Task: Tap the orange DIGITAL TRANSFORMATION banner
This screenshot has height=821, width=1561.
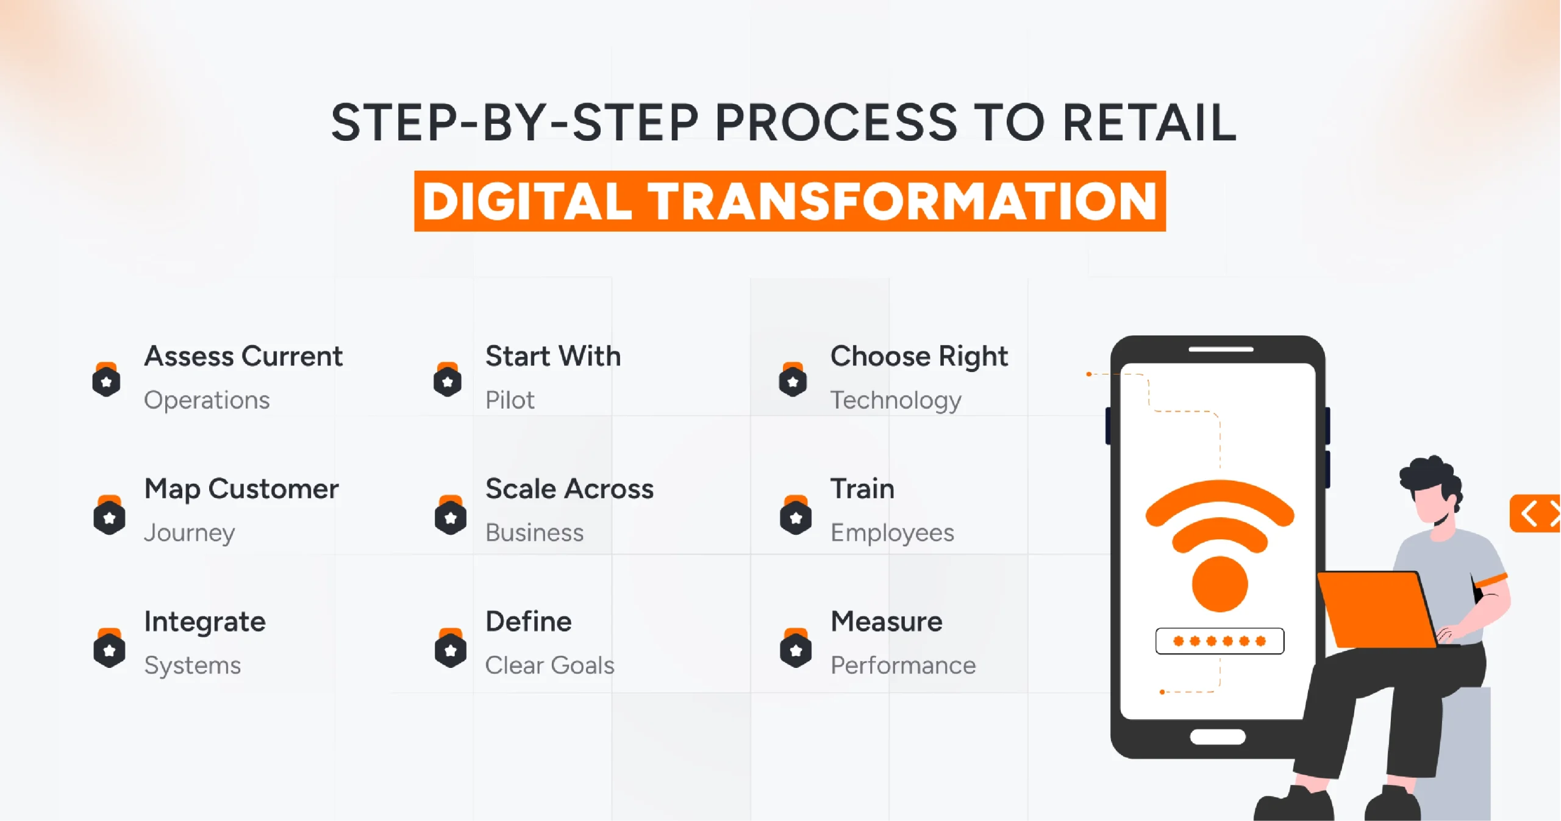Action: [x=790, y=201]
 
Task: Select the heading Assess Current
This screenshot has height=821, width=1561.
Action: [x=243, y=356]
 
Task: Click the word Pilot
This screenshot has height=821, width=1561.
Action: [x=510, y=400]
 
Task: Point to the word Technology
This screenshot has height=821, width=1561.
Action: [x=896, y=401]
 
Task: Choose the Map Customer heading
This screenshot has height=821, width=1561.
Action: [x=241, y=489]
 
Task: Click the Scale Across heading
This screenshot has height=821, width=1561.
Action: [x=569, y=489]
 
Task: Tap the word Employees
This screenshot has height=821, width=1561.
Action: [x=892, y=533]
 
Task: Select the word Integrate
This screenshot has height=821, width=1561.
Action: [x=205, y=622]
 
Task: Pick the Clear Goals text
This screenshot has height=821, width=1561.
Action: [x=549, y=665]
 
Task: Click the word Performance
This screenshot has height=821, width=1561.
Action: [x=903, y=665]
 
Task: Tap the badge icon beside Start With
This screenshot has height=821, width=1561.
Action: [x=448, y=380]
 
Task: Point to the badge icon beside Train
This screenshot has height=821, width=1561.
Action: [x=796, y=515]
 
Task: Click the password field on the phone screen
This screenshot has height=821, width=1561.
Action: [x=1220, y=641]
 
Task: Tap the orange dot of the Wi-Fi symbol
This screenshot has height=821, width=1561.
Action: [x=1220, y=584]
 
